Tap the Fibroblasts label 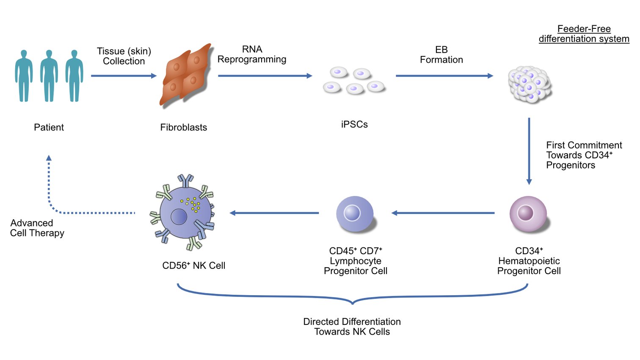click(183, 127)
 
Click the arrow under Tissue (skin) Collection click(124, 76)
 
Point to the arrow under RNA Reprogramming click(265, 76)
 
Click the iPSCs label click(354, 125)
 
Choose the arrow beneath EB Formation click(444, 76)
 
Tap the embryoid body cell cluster click(529, 84)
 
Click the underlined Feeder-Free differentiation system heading click(584, 34)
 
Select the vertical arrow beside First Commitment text click(529, 151)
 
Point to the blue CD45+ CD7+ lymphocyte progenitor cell click(354, 213)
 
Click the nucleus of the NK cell click(179, 217)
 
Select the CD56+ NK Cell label click(193, 266)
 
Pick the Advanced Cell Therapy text click(37, 228)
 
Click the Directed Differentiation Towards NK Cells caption click(352, 327)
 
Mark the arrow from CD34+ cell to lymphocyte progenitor click(443, 213)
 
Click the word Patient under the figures click(49, 127)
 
